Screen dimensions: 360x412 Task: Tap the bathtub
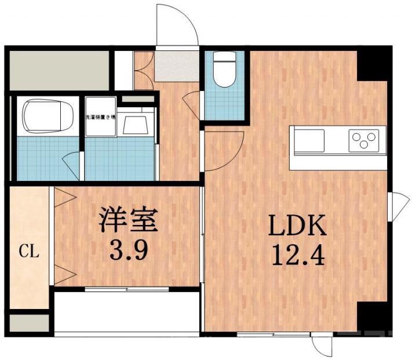coord(46,117)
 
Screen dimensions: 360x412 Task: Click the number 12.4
coord(296,255)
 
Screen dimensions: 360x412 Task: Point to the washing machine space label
coord(101,118)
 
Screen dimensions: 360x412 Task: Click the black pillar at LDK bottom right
coord(371,317)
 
